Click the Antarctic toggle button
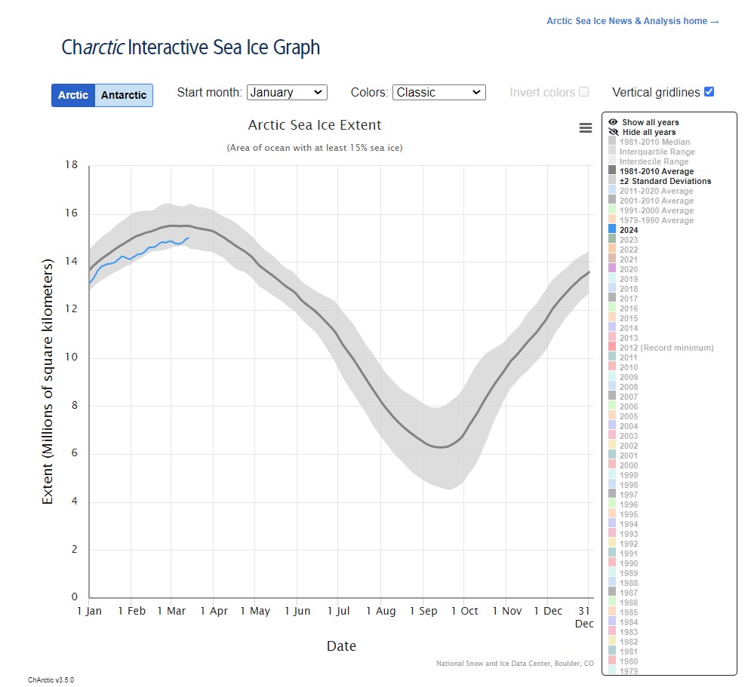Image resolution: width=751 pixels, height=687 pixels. pos(124,95)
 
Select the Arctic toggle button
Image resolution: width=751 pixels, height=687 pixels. pos(73,95)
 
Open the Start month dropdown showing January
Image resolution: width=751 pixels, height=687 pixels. pos(287,92)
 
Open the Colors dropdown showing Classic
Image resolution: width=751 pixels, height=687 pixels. pos(439,92)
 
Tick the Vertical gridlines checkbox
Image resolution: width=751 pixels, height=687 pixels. pos(709,92)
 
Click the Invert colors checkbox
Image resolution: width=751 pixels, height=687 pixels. pos(583,92)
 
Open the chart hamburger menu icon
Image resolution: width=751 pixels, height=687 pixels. pos(586,128)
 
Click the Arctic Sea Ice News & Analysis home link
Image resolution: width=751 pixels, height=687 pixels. pos(633,21)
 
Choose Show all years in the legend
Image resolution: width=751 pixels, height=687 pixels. pos(650,122)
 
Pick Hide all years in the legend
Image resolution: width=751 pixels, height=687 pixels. pos(648,132)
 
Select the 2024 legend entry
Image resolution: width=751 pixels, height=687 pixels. pos(628,230)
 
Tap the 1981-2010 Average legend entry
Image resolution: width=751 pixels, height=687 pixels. pos(656,171)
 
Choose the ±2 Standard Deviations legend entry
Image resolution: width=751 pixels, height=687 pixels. pos(665,181)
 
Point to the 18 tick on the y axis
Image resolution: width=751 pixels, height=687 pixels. pos(72,165)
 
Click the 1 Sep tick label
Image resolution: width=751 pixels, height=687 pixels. pos(424,611)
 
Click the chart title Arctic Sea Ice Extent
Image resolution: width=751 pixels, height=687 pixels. pos(315,125)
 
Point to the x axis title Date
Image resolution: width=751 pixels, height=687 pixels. pos(341,646)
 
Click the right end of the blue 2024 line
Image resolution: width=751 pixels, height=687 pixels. pos(189,238)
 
